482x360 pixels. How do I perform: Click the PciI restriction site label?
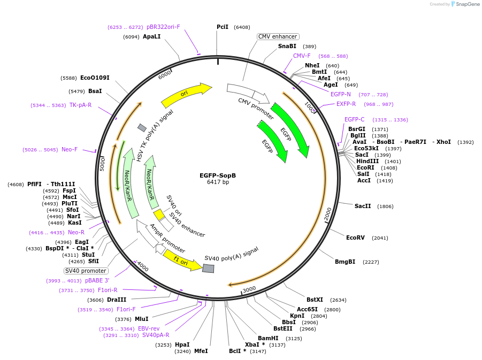[x=222, y=27]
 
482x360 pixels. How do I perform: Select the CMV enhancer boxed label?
[x=278, y=36]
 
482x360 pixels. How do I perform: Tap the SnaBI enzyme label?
[x=287, y=47]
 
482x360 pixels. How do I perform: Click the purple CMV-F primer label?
[x=302, y=56]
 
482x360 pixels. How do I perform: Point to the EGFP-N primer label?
[x=341, y=94]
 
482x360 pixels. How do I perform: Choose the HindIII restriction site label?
[x=367, y=161]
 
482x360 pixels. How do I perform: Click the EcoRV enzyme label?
[x=355, y=238]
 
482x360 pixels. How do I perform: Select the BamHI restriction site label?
[x=268, y=338]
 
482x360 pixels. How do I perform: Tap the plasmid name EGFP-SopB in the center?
[x=218, y=175]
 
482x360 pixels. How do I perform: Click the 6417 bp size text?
[x=218, y=182]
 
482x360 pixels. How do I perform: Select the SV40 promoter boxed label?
[x=86, y=271]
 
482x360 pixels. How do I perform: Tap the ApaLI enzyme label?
[x=151, y=36]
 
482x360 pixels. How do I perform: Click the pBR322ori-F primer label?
[x=163, y=27]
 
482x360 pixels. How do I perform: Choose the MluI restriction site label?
[x=141, y=319]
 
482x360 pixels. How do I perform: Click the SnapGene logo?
[x=464, y=4]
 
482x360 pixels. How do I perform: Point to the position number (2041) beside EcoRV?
[x=380, y=238]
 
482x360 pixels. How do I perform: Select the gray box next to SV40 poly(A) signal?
[x=208, y=268]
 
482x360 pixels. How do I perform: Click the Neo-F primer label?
[x=70, y=149]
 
